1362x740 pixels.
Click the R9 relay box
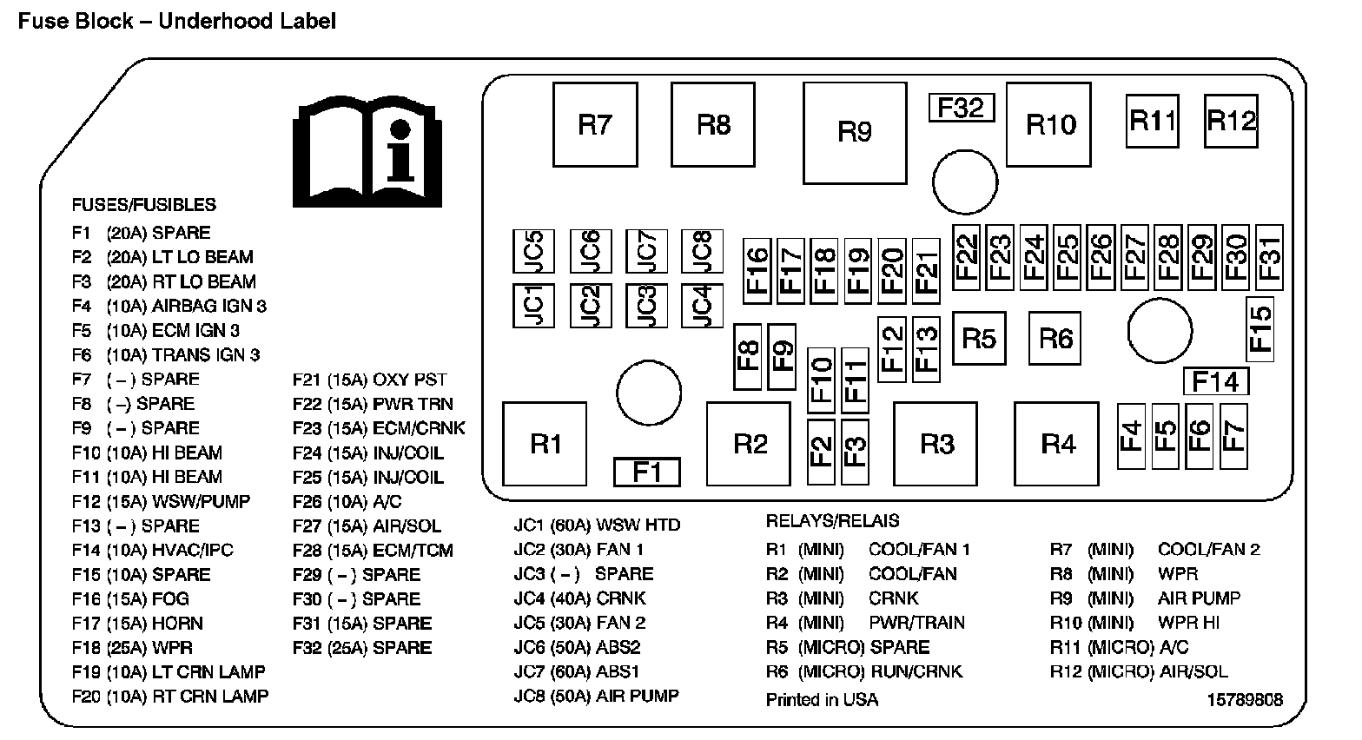click(x=855, y=133)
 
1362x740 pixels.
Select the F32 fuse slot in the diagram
click(x=962, y=108)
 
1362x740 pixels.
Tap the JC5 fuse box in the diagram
click(x=533, y=251)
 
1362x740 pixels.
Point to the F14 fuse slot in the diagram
click(x=1216, y=382)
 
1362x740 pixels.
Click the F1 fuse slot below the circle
click(x=647, y=472)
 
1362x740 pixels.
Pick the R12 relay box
click(x=1232, y=121)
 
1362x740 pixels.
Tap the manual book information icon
click(x=367, y=152)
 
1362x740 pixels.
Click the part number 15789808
click(x=1245, y=700)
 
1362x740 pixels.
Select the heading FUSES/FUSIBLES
click(x=143, y=205)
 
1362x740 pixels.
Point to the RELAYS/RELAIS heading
click(x=832, y=521)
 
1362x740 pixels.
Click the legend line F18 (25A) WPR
click(x=132, y=648)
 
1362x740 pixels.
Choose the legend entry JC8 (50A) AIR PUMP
click(x=596, y=696)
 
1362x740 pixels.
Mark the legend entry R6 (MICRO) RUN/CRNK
click(x=864, y=672)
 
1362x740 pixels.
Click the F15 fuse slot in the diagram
click(x=1260, y=329)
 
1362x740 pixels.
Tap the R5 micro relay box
click(x=979, y=338)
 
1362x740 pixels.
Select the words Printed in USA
click(x=822, y=700)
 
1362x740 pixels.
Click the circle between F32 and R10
click(x=965, y=182)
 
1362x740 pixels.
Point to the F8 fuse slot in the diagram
click(x=748, y=356)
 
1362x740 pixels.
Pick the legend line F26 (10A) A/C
click(x=347, y=502)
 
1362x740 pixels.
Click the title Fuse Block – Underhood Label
click(x=177, y=22)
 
